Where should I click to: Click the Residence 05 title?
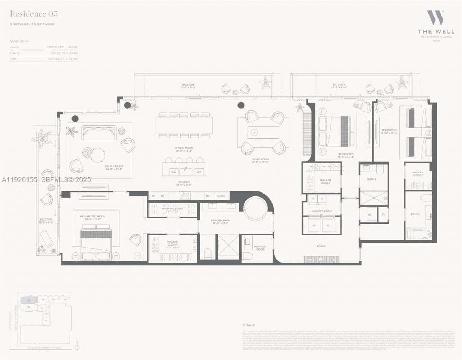tap(34, 14)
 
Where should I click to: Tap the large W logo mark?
tap(435, 18)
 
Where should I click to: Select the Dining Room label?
tap(184, 148)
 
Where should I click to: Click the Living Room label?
tap(260, 159)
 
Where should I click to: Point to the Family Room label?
tap(114, 166)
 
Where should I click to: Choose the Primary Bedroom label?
tap(93, 216)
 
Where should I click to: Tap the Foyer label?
tap(321, 246)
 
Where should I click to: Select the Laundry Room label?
tap(321, 211)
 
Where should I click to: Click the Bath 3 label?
tap(415, 214)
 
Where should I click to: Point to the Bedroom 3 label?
tap(389, 130)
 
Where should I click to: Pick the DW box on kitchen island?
tap(174, 172)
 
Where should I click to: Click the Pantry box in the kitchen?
tap(221, 196)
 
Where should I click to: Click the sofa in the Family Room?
tap(99, 133)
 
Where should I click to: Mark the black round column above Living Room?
tap(241, 105)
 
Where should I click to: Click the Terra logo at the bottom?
tap(249, 325)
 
